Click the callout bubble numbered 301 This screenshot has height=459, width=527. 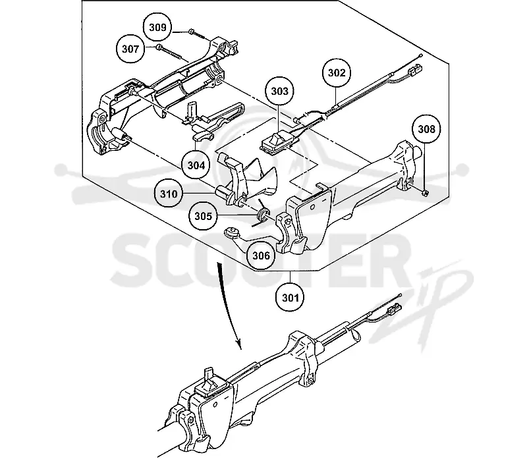(291, 298)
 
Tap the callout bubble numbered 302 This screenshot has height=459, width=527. (337, 73)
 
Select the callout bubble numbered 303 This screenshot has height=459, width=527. (279, 92)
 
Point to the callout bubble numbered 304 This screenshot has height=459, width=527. (196, 165)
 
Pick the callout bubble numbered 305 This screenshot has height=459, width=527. (204, 216)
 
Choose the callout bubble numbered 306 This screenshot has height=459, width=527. (261, 256)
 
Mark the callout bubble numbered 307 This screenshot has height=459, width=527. (130, 49)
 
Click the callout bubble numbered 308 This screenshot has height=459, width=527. (426, 129)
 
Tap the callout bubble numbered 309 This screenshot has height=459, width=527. (157, 27)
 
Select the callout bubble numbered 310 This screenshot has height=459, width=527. (169, 194)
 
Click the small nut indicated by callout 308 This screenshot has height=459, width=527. (425, 193)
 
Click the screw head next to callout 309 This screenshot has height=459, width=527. (191, 31)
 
